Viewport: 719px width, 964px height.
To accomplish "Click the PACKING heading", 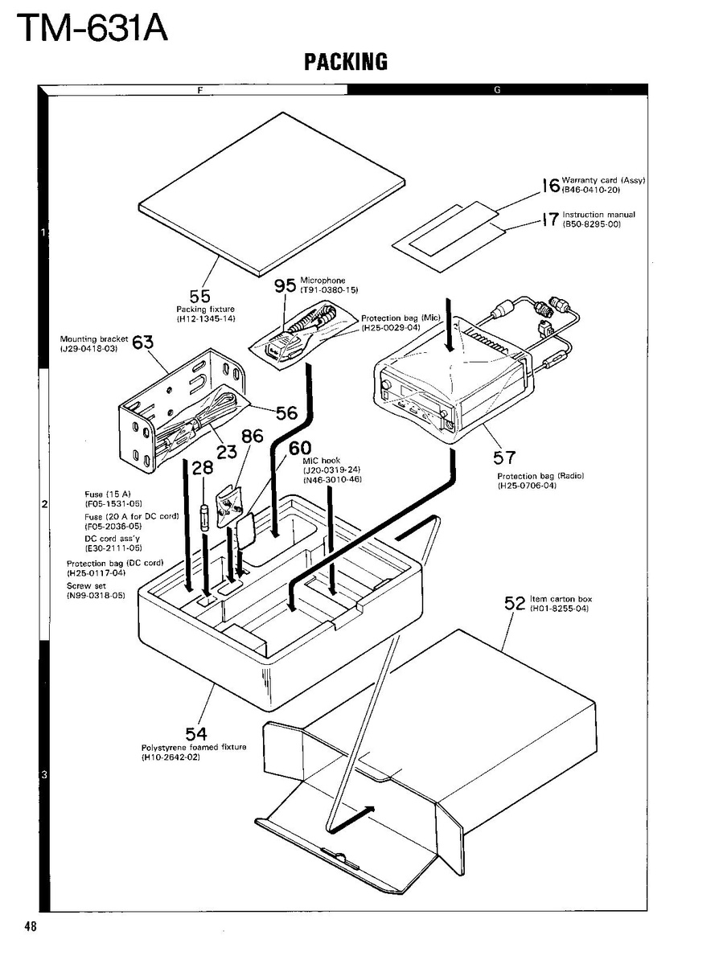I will click(346, 61).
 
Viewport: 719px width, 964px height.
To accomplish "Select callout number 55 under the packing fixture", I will click(200, 296).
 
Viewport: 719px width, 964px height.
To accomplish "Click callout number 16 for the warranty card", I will click(550, 186).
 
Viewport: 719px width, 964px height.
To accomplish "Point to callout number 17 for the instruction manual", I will click(550, 219).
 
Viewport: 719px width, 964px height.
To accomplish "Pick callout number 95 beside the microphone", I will click(286, 286).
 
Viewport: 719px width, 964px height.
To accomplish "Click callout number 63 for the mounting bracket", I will click(142, 343).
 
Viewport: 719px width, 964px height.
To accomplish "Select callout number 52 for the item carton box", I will click(515, 603).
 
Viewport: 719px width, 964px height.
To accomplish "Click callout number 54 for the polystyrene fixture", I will click(196, 733).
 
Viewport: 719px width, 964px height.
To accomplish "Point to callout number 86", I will click(252, 437).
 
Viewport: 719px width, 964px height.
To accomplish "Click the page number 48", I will click(31, 927).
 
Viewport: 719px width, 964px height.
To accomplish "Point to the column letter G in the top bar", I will click(497, 89).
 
